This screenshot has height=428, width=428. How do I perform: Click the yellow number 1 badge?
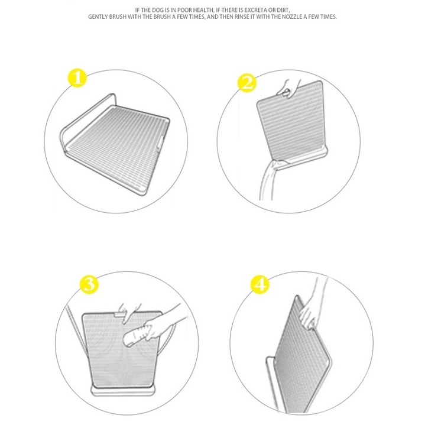pyautogui.click(x=77, y=78)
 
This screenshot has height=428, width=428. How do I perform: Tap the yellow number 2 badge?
pyautogui.click(x=247, y=83)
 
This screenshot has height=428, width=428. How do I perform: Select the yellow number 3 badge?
pyautogui.click(x=89, y=284)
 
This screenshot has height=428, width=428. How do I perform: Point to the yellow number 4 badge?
pyautogui.click(x=260, y=284)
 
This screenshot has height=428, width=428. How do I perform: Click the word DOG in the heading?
pyautogui.click(x=157, y=10)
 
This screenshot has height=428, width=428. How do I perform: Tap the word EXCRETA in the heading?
pyautogui.click(x=255, y=10)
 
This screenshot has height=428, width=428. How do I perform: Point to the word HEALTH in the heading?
pyautogui.click(x=203, y=10)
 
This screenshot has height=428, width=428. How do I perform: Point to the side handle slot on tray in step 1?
pyautogui.click(x=160, y=141)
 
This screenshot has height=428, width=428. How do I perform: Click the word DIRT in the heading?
pyautogui.click(x=283, y=10)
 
